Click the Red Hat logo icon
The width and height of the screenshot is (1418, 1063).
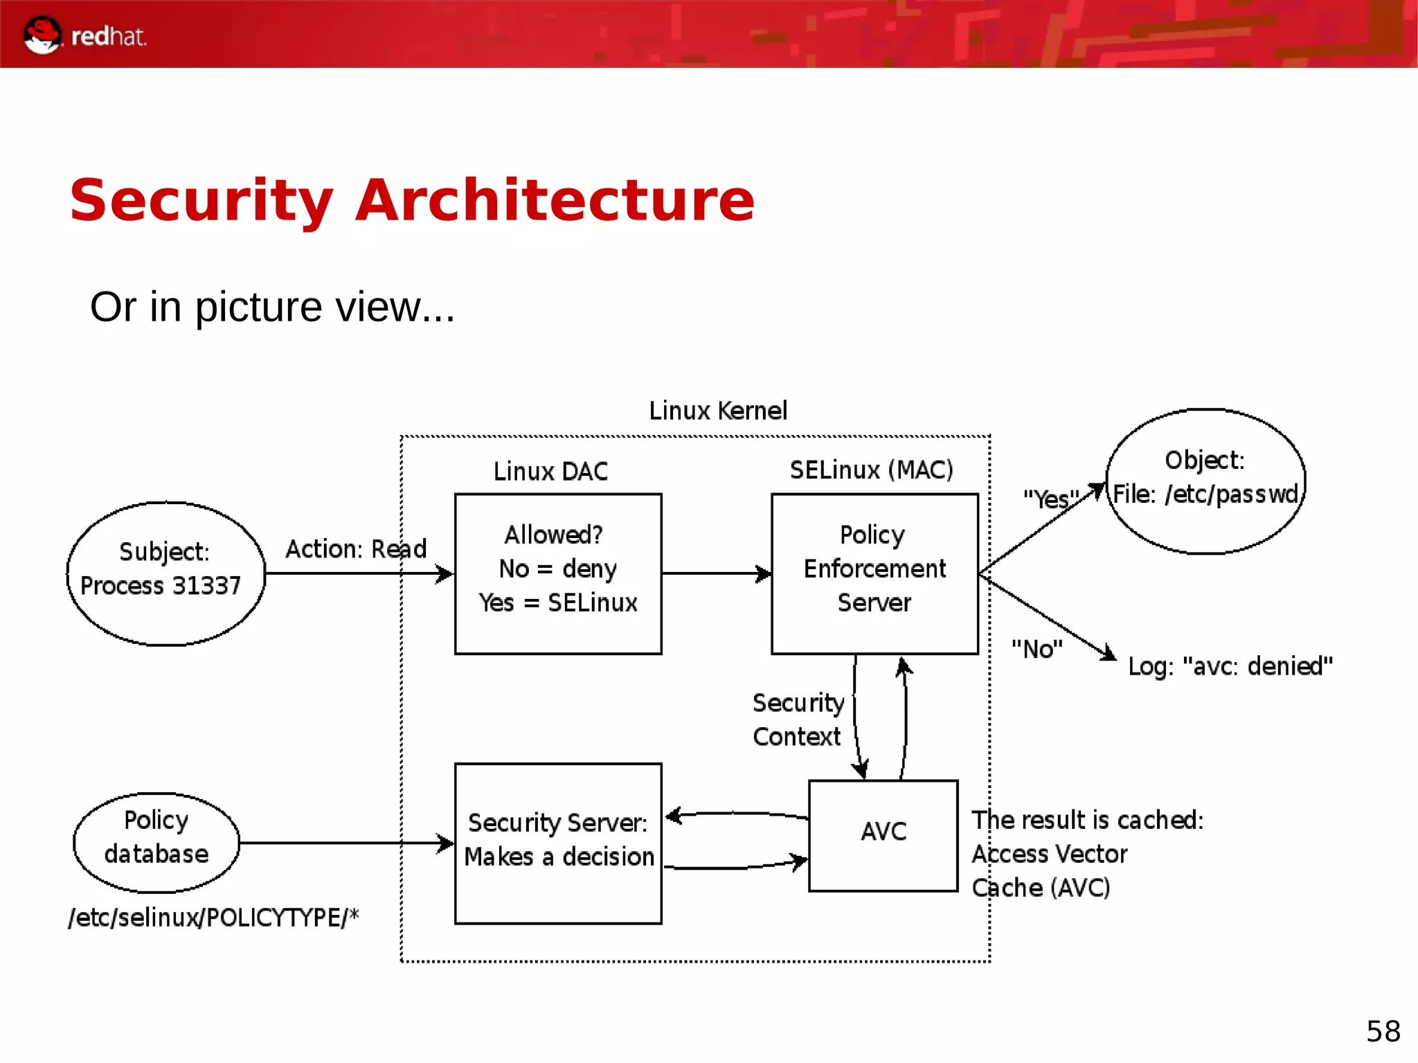coord(42,35)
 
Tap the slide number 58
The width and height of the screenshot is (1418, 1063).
coord(1383,1031)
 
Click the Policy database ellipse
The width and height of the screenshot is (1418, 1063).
coord(156,842)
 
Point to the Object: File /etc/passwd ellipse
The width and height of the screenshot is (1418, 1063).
coord(1205,481)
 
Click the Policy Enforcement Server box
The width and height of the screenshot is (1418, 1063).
coord(874,573)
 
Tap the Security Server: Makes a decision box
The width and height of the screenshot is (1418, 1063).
coord(558,842)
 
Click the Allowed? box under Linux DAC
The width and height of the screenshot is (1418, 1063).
coord(558,573)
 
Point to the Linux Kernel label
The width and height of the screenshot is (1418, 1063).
coord(718,411)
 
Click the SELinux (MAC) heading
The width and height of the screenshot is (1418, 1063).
coord(871,470)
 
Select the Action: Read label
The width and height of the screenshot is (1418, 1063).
coord(356,549)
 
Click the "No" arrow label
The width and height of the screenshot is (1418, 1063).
coord(1036,650)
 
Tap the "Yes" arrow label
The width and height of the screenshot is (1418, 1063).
coord(1050,499)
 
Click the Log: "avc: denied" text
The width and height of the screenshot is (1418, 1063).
coord(1230,666)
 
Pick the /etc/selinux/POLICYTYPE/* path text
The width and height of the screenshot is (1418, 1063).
coord(213,918)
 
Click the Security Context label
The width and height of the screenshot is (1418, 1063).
coord(798,720)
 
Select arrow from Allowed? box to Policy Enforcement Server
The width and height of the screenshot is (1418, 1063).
coord(717,573)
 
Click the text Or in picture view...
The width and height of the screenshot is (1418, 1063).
coord(272,307)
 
